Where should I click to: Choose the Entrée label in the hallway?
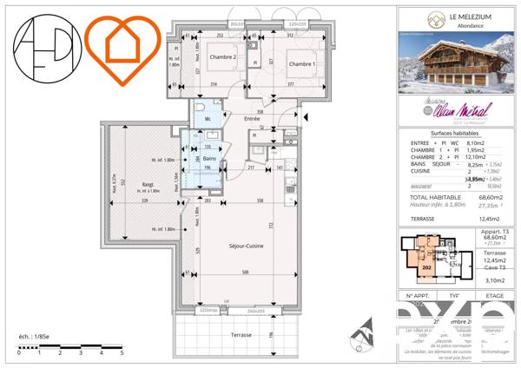[252, 118]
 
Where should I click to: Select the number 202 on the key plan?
[426, 268]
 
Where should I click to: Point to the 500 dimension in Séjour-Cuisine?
[248, 273]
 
